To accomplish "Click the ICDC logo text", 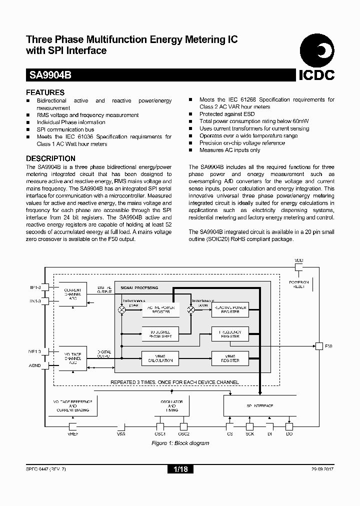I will (316, 75).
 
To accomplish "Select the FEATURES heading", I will (45, 92).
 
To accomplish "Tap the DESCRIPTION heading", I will (50, 159).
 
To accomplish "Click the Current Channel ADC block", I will (73, 294).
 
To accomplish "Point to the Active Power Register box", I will (160, 309).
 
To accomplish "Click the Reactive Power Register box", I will (230, 309).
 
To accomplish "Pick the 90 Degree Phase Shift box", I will (160, 334).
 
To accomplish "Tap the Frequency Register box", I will (230, 334).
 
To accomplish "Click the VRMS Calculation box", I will (160, 358).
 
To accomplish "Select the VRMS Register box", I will (230, 358).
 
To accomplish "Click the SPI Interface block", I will (260, 406).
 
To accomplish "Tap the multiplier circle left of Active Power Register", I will (121, 310).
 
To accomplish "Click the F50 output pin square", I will (318, 346).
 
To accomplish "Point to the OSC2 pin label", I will (183, 434).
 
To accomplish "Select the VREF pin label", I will (72, 434).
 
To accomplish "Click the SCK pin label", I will (250, 434).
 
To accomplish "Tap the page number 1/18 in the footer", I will (179, 469).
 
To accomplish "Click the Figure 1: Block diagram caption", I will (180, 443).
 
